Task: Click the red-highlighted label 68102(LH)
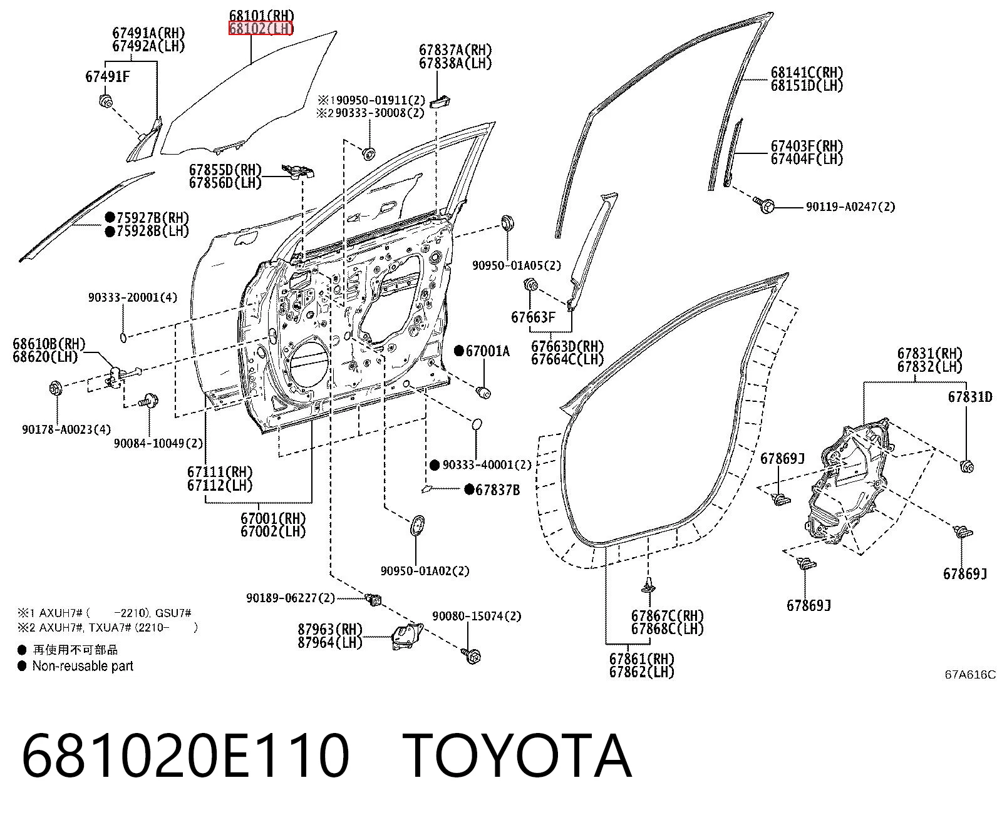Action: point(261,29)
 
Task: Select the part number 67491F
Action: point(108,76)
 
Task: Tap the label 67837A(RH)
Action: point(455,49)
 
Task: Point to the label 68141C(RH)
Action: point(807,73)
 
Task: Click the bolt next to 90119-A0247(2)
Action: point(765,205)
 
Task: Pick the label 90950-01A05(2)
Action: point(517,265)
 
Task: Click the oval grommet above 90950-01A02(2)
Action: point(417,526)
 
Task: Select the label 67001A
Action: point(487,351)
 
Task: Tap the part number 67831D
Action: point(970,397)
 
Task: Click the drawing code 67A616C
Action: point(970,674)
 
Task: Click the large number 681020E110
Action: point(185,756)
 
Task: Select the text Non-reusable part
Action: point(83,665)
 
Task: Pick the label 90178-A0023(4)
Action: point(66,429)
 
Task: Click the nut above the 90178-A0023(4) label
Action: point(56,387)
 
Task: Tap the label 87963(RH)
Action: point(330,629)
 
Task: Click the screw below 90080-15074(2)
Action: point(472,656)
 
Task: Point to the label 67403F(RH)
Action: point(807,146)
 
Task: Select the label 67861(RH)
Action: point(642,658)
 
